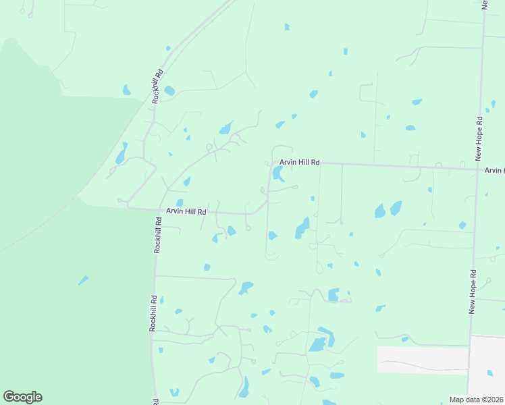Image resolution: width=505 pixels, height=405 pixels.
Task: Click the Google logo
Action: pos(22,397)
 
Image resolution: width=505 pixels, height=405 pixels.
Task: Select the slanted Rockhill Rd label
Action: pos(158,86)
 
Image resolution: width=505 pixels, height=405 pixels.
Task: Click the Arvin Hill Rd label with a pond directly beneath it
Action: pos(299,163)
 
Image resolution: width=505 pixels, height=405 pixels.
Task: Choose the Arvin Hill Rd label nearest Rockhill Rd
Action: pos(186,211)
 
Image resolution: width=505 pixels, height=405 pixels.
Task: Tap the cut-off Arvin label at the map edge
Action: pos(494,171)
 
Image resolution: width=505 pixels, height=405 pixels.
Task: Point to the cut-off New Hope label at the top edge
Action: pos(485,4)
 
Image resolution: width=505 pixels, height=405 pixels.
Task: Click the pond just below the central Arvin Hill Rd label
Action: pos(277,174)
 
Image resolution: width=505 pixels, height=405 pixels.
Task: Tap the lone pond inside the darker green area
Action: pos(82,280)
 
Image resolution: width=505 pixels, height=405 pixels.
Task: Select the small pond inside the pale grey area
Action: pos(490,372)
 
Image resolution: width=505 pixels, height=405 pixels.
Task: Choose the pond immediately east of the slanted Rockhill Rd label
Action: pos(169,90)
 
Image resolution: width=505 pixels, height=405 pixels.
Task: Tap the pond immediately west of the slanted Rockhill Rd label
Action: pos(126,90)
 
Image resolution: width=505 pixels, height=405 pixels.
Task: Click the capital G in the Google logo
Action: pos(9,397)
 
